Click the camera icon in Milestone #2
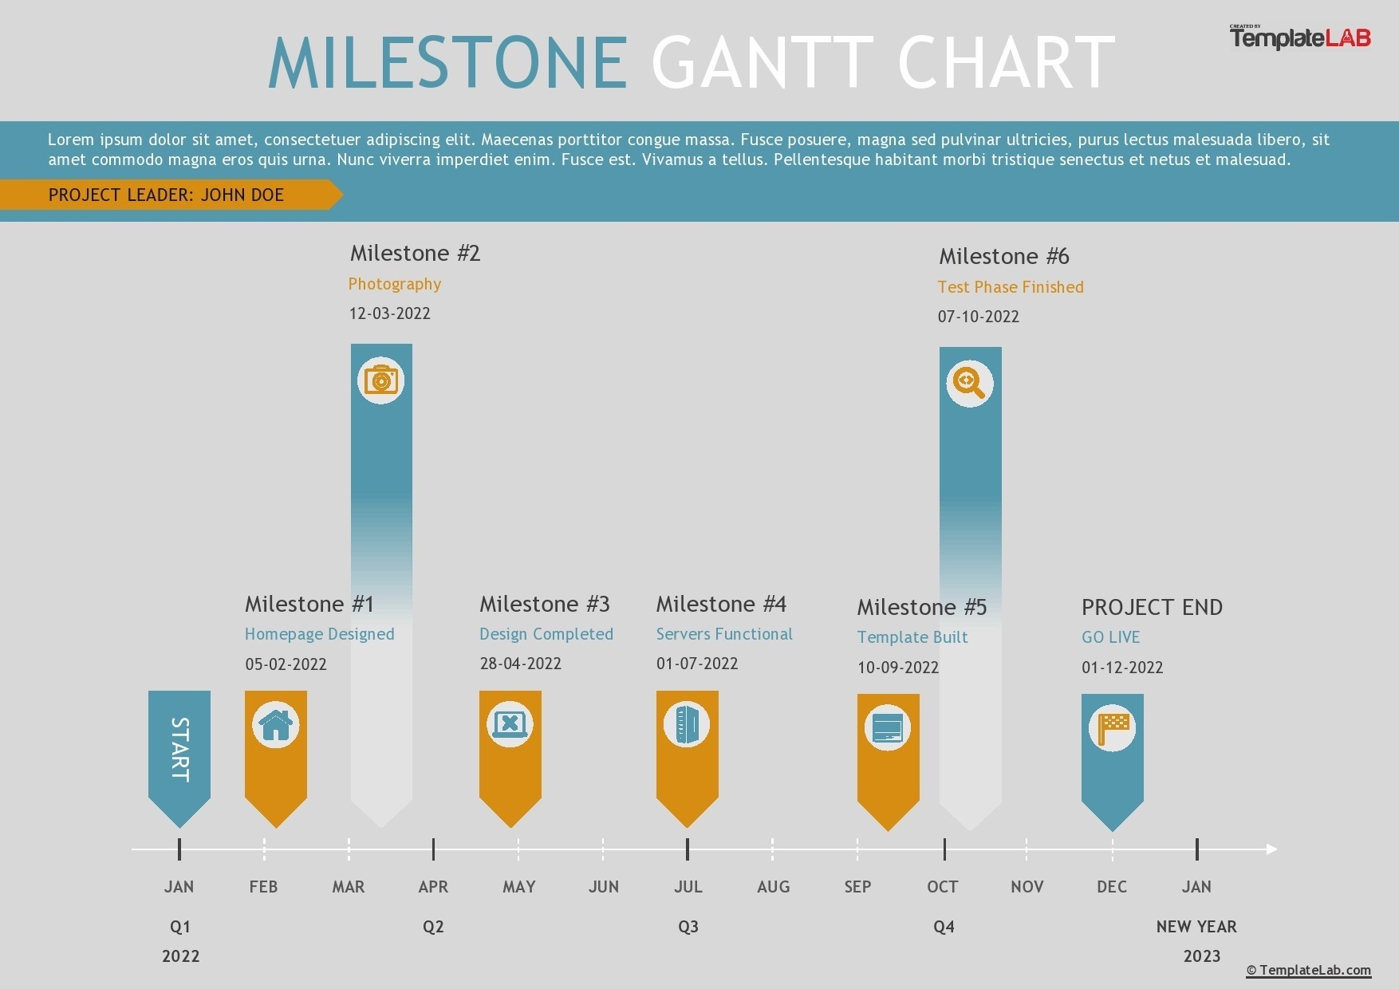[x=381, y=380]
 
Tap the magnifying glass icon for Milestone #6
[x=970, y=384]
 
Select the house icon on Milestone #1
[x=276, y=725]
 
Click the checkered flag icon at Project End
[x=1113, y=728]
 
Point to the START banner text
[x=180, y=749]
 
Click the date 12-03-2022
[x=390, y=313]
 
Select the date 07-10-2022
[x=979, y=317]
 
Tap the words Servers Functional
[x=724, y=634]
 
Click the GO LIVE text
[x=1111, y=637]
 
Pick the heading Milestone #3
[x=545, y=604]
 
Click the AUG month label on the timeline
[x=773, y=887]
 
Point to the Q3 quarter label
[x=688, y=927]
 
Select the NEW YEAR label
[x=1196, y=927]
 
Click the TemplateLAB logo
[x=1300, y=37]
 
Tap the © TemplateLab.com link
[x=1308, y=970]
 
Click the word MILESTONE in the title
[x=448, y=63]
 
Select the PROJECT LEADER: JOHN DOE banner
[x=166, y=195]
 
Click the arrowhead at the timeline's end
[x=1272, y=849]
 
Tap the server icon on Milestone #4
[x=687, y=725]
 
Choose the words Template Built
[x=912, y=637]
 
